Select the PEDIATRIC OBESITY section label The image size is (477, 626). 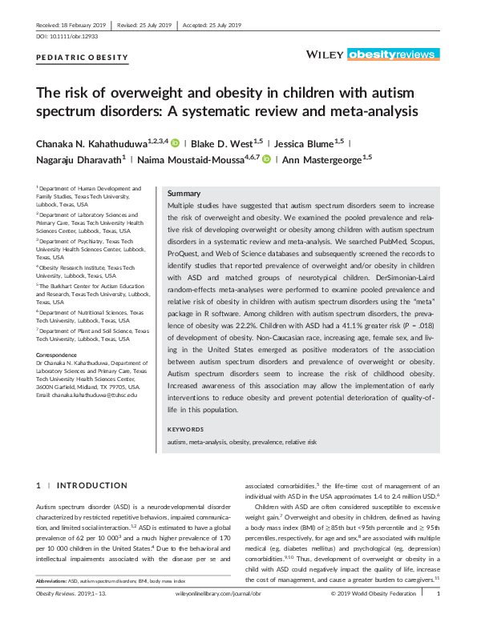pyautogui.click(x=82, y=58)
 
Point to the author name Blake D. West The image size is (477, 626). pyautogui.click(x=225, y=144)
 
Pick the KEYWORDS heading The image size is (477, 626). pyautogui.click(x=185, y=430)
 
